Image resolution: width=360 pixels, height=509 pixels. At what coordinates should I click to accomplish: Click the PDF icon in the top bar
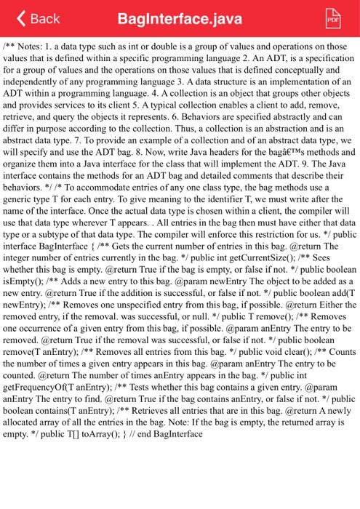tap(334, 17)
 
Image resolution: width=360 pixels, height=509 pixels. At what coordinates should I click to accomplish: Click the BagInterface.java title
tap(179, 17)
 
